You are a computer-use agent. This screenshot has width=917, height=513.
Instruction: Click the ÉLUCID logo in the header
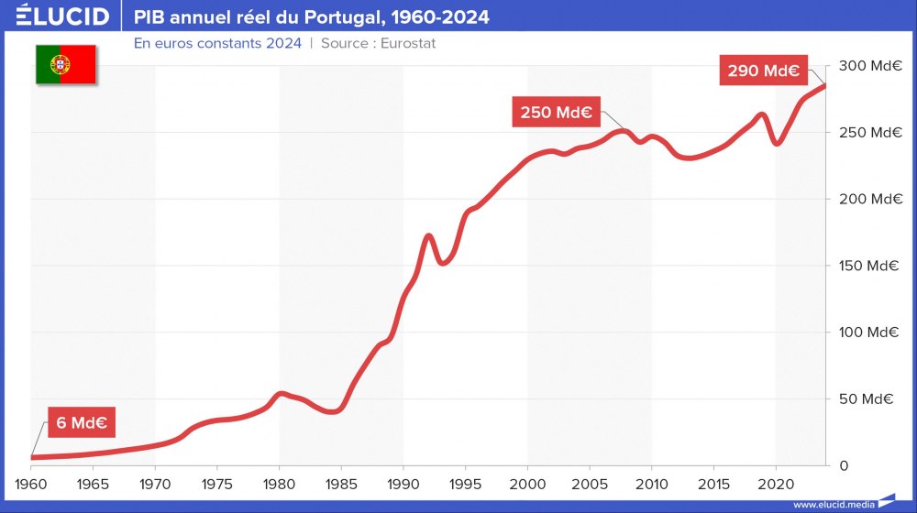pos(62,16)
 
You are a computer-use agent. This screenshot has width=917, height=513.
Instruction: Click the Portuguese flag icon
pos(66,64)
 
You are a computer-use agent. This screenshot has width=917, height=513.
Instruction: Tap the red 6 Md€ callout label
pos(82,423)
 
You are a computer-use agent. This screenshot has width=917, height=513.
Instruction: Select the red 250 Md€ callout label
pos(555,113)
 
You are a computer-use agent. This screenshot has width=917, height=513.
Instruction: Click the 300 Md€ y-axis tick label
pos(867,66)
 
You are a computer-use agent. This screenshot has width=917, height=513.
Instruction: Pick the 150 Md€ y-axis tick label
pos(867,266)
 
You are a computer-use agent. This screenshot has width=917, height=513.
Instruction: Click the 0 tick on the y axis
pos(845,465)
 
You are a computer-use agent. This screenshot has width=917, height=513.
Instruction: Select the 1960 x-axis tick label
pos(31,483)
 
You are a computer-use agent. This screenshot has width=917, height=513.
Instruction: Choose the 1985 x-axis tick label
pos(341,483)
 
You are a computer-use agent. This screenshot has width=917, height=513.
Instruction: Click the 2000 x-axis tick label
pos(527,483)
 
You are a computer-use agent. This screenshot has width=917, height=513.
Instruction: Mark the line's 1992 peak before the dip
pos(428,236)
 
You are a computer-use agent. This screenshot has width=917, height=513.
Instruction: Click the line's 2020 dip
pos(777,143)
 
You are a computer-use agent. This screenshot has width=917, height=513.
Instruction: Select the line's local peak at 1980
pos(281,394)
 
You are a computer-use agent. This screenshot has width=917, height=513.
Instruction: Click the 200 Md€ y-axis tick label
pos(867,199)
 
